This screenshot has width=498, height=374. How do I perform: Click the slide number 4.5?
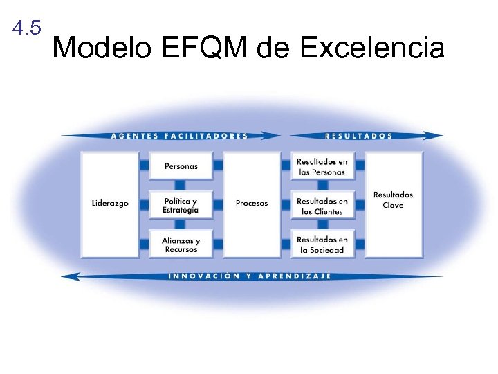point(27,28)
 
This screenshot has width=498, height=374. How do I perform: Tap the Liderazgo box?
point(110,204)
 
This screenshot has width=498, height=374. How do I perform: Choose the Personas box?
point(181,166)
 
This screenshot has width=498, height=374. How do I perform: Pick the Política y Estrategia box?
point(181,205)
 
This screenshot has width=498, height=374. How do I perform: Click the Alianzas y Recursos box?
point(181,244)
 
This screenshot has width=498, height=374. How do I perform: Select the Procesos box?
point(251,204)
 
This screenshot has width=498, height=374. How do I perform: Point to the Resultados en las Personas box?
point(322,166)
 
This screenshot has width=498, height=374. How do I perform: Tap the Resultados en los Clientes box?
point(322,206)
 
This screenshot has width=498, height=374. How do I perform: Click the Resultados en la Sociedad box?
point(322,244)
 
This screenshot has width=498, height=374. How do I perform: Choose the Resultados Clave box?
point(393,201)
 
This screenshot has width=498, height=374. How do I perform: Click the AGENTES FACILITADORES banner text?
point(179,136)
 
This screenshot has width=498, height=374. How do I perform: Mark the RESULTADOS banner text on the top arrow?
point(358,136)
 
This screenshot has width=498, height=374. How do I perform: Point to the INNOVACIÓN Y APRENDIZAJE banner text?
point(249,276)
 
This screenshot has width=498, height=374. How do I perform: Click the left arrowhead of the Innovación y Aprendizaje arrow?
point(69,276)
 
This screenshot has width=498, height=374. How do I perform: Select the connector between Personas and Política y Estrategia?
point(181,186)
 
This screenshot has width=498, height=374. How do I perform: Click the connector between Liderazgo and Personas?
point(144,166)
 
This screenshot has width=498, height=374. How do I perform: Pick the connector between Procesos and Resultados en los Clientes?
point(286,205)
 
